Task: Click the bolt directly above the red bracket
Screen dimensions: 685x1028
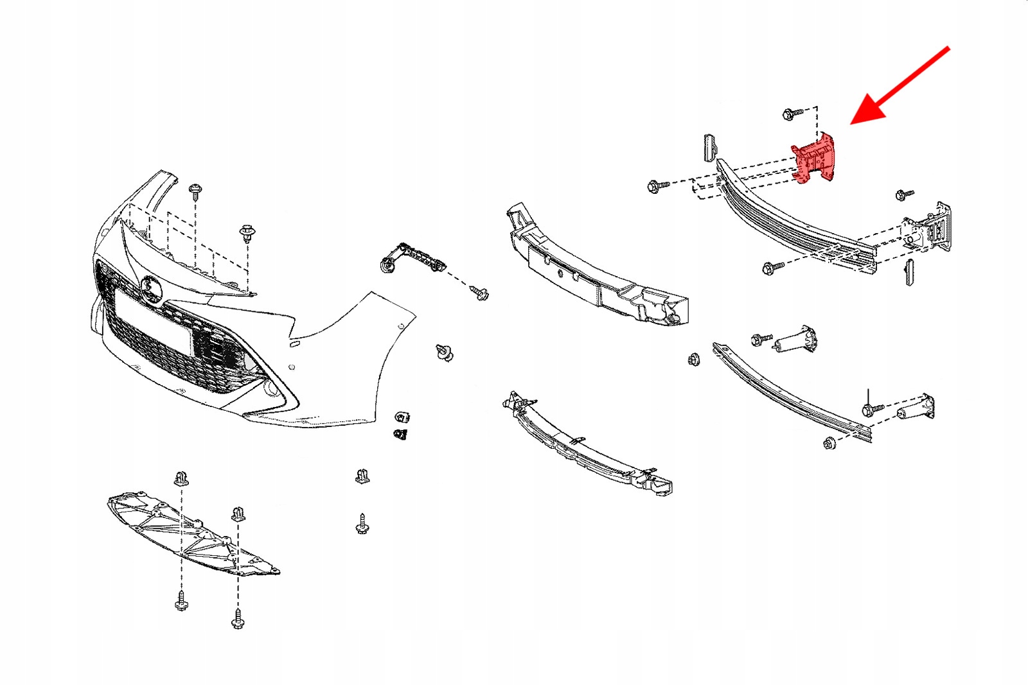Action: (x=792, y=114)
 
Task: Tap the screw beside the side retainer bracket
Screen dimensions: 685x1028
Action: (x=479, y=293)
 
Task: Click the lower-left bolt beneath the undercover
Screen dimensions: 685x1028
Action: (x=182, y=602)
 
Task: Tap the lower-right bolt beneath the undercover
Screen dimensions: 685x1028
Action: (x=238, y=619)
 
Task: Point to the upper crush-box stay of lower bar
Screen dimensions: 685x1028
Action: (x=796, y=340)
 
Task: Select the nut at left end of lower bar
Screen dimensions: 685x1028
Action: (x=694, y=360)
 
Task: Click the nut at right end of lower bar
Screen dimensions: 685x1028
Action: (x=829, y=442)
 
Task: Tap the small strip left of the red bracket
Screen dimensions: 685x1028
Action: (x=709, y=148)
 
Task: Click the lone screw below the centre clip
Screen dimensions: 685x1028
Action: (x=362, y=525)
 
